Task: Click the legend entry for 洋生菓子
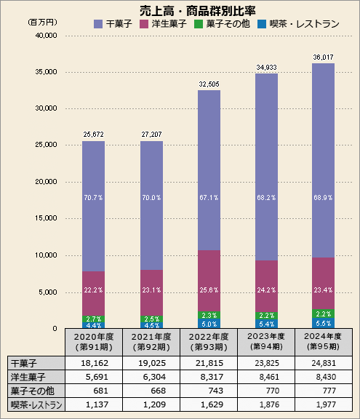(x=167, y=24)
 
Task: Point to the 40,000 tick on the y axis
(x=46, y=35)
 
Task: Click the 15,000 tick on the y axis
(x=46, y=218)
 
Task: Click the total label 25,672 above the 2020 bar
(x=93, y=134)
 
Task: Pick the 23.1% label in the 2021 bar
(x=151, y=290)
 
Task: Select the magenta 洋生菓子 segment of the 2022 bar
(x=209, y=280)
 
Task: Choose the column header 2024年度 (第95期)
(x=322, y=341)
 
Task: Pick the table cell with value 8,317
(x=209, y=378)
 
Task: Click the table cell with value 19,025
(x=151, y=363)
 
